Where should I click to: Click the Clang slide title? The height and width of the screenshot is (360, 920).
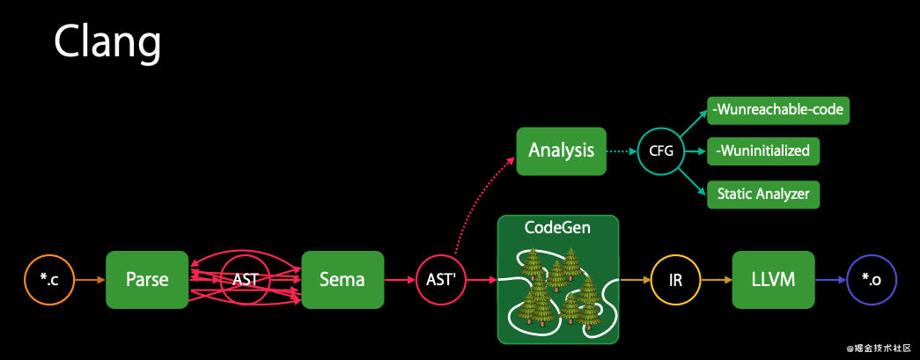107,41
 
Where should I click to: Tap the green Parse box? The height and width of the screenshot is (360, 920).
147,280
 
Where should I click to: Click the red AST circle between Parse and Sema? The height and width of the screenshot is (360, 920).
245,280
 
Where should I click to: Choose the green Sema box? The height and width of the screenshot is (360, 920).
343,280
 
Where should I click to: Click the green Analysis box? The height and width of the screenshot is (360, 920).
561,151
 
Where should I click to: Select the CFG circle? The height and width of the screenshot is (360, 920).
661,151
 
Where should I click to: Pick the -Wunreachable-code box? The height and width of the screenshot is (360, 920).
779,110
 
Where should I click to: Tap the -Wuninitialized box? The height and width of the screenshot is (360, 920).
762,151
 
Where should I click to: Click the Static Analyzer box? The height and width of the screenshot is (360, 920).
763,193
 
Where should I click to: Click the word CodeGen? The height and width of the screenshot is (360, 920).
557,228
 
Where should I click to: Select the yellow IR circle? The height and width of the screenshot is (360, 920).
675,280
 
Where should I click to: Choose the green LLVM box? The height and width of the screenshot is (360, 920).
773,280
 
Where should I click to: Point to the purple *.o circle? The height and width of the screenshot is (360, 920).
871,280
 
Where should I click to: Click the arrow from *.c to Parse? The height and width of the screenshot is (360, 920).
88,280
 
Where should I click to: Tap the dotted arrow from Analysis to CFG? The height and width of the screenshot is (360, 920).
622,151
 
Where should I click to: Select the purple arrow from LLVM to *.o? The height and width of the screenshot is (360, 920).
829,280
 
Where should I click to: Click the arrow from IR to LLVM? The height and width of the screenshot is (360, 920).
716,280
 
